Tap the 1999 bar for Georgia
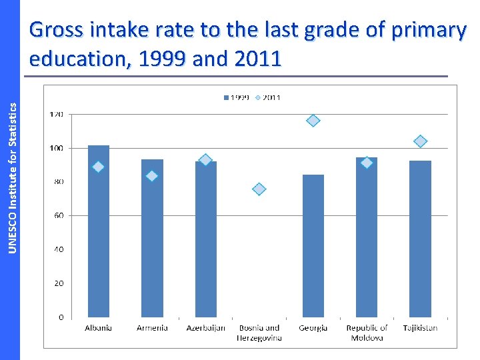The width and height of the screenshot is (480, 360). (x=313, y=247)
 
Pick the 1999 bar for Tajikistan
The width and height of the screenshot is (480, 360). (x=420, y=240)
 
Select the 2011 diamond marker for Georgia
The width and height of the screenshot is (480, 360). (x=313, y=121)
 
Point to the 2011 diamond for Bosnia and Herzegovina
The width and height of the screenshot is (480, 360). (x=259, y=189)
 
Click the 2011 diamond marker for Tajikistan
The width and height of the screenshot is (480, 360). (x=420, y=141)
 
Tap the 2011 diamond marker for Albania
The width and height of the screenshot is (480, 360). (x=98, y=167)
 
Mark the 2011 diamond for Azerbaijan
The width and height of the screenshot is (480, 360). (x=205, y=160)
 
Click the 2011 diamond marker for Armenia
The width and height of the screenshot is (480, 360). (x=151, y=176)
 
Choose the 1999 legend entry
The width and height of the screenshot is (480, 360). (x=236, y=98)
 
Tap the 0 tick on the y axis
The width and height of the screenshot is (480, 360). (x=60, y=317)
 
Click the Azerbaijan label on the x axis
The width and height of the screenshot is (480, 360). (x=205, y=328)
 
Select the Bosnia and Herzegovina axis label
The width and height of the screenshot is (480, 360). (x=259, y=333)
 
